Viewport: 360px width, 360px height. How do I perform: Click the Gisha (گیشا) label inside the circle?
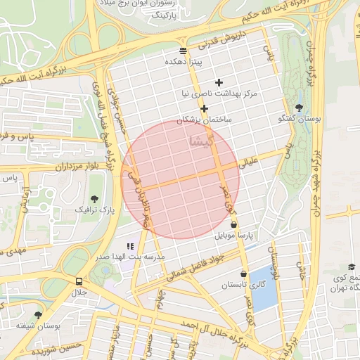click(x=198, y=141)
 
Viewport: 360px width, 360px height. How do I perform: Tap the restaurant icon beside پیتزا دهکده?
click(x=183, y=51)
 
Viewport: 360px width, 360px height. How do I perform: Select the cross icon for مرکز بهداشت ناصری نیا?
click(x=219, y=82)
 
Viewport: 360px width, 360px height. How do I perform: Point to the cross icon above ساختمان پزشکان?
click(x=204, y=108)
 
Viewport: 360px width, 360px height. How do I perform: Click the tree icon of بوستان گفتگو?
click(x=300, y=108)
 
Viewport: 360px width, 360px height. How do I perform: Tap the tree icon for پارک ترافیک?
click(x=95, y=199)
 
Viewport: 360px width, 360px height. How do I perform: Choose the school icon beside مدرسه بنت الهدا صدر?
click(x=130, y=246)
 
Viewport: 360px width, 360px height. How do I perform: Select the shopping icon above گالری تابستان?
click(x=243, y=274)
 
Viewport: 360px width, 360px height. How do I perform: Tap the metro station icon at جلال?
click(x=78, y=281)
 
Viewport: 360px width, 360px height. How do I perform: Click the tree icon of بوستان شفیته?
click(x=38, y=315)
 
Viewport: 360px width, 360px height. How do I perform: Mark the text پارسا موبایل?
click(x=229, y=235)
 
